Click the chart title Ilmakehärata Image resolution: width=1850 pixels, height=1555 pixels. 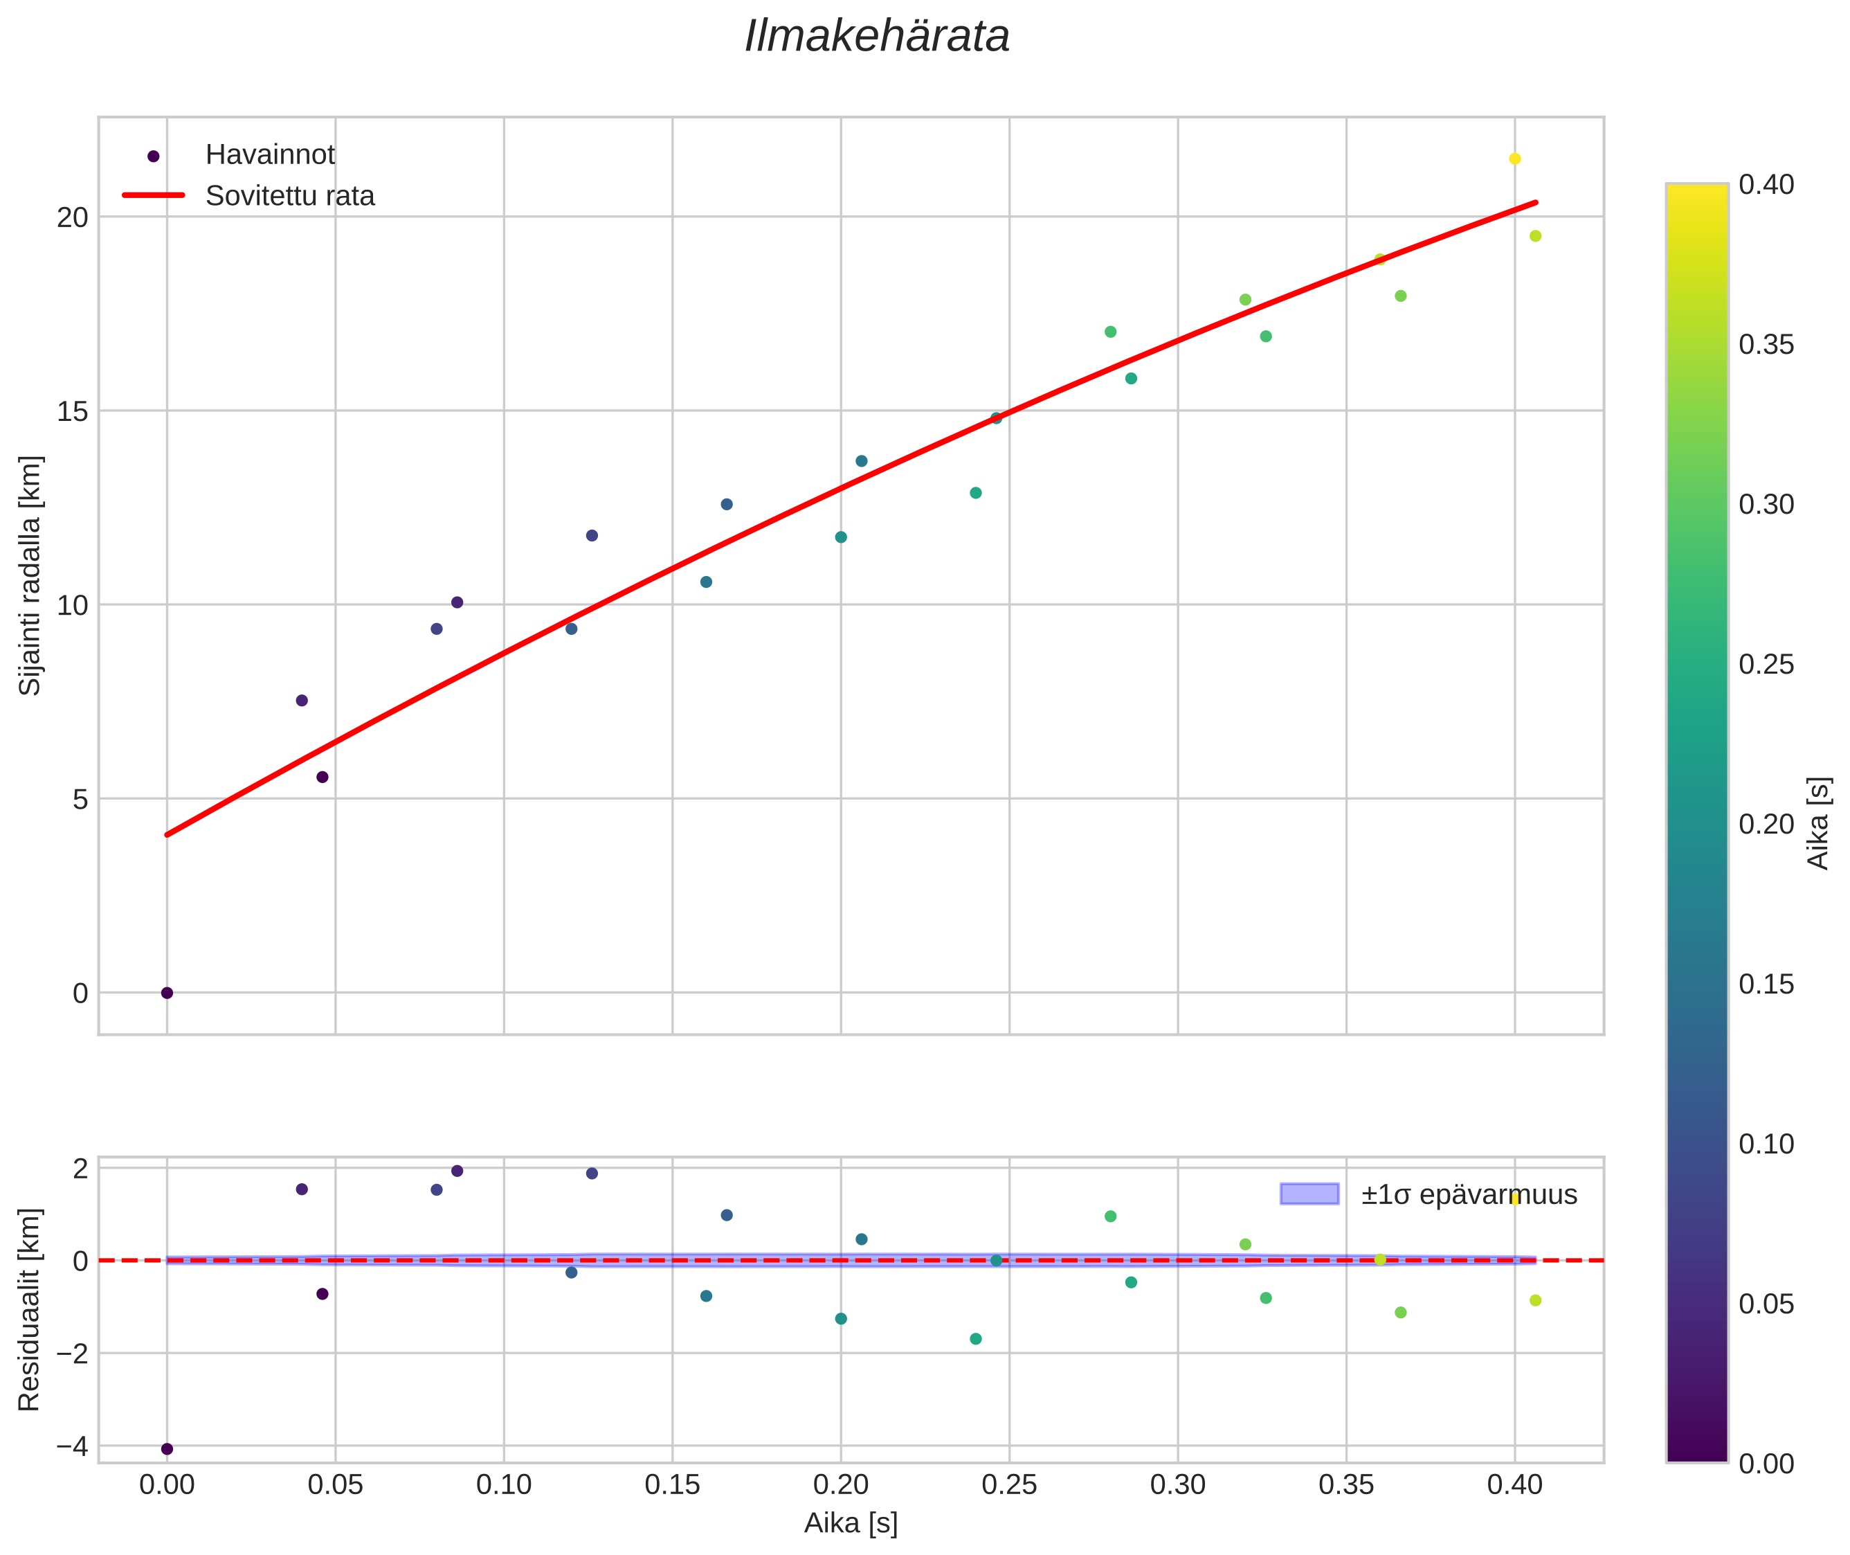point(877,37)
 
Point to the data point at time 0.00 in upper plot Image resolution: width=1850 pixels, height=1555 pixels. point(167,993)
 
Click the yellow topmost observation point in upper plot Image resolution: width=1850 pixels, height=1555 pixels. point(1514,159)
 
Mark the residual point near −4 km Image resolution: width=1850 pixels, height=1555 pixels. point(167,1448)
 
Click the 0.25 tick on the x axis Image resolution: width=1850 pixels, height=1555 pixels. point(1009,1485)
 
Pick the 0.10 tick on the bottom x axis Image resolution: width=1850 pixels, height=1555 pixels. point(503,1485)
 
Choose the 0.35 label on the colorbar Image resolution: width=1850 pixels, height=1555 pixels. point(1766,345)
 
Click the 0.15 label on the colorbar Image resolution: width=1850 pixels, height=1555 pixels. point(1766,985)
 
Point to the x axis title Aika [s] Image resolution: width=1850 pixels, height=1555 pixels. point(851,1523)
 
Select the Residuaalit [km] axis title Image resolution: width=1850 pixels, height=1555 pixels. point(30,1309)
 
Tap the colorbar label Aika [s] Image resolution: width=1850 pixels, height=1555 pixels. point(1818,823)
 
